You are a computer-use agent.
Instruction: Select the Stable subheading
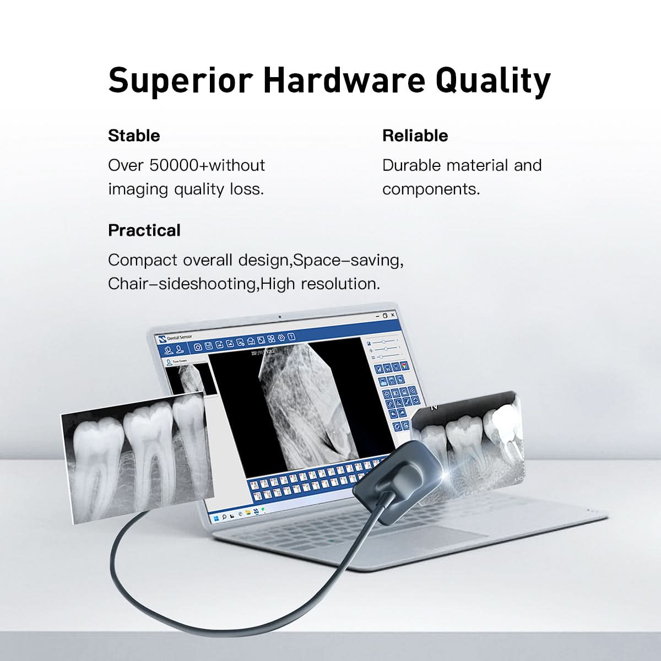pyautogui.click(x=134, y=136)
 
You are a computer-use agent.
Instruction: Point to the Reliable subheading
pyautogui.click(x=415, y=136)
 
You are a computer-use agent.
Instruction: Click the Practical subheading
pyautogui.click(x=144, y=230)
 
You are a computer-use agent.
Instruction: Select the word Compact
pyautogui.click(x=143, y=259)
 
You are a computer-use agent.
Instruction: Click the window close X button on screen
pyautogui.click(x=392, y=316)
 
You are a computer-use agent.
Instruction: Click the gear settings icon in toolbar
pyautogui.click(x=281, y=338)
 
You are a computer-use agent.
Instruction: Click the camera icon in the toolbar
pyautogui.click(x=198, y=347)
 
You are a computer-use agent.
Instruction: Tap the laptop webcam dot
pyautogui.click(x=280, y=317)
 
